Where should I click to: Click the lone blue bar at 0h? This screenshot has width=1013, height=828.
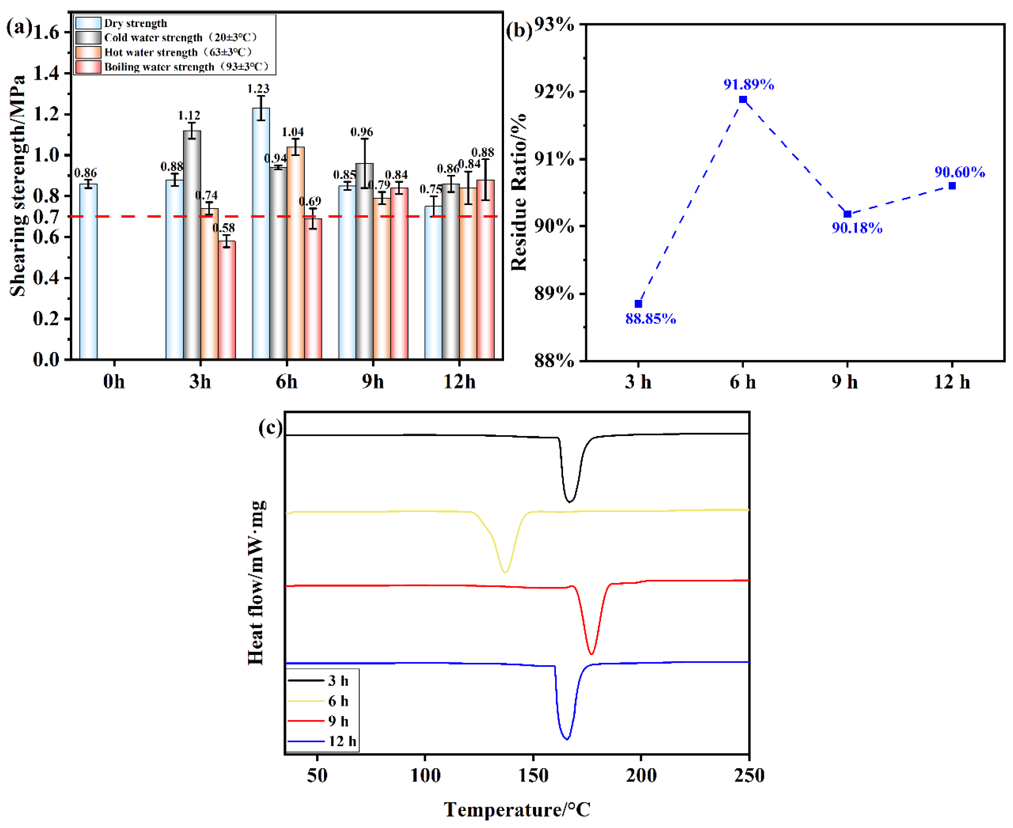pyautogui.click(x=88, y=271)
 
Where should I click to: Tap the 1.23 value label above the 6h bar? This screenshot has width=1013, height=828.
pyautogui.click(x=258, y=89)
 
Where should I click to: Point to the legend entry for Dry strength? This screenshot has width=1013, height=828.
pyautogui.click(x=135, y=23)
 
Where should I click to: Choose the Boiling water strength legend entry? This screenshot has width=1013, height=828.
pyautogui.click(x=186, y=67)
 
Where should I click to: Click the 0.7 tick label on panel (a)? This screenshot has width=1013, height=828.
pyautogui.click(x=46, y=217)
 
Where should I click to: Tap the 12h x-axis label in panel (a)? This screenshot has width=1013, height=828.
pyautogui.click(x=459, y=382)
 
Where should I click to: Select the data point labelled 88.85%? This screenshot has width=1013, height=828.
pyautogui.click(x=639, y=304)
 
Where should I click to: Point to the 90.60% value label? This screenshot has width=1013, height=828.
pyautogui.click(x=960, y=172)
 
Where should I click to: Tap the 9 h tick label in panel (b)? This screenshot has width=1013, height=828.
pyautogui.click(x=845, y=382)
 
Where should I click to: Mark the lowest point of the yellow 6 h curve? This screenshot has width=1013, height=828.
pyautogui.click(x=505, y=572)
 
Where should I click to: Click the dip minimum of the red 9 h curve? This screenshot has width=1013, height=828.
pyautogui.click(x=591, y=653)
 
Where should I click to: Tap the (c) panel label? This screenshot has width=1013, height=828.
pyautogui.click(x=270, y=427)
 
